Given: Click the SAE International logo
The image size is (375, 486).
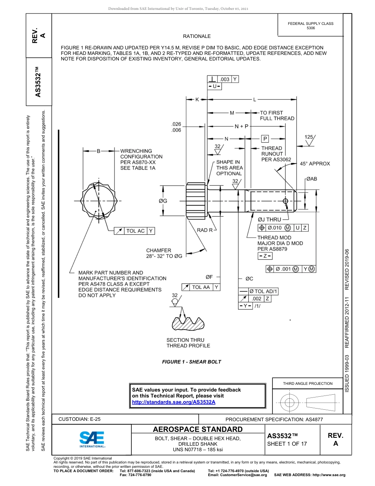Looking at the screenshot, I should [x=92, y=439].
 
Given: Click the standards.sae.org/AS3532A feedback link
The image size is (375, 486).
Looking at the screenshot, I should [x=174, y=402].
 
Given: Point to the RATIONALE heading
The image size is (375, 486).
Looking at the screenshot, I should [x=197, y=36].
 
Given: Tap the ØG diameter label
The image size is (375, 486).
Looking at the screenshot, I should [x=163, y=201].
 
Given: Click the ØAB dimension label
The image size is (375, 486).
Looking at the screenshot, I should [x=311, y=179].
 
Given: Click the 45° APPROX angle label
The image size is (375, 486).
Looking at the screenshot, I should [x=315, y=164].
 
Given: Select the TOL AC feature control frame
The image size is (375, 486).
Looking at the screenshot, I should [x=134, y=231].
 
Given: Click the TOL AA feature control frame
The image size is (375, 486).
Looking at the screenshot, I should [x=201, y=287].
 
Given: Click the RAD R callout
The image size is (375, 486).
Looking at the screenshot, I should [x=205, y=230].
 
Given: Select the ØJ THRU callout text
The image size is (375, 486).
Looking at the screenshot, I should [x=269, y=220].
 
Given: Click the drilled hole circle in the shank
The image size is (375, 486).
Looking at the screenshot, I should [x=286, y=201].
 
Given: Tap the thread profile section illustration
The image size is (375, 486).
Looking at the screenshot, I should [x=188, y=322].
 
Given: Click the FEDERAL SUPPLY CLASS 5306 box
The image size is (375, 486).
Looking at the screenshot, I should [x=310, y=26].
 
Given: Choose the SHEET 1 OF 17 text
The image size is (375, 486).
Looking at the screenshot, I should [x=287, y=443].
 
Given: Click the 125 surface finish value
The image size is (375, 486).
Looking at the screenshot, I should [x=309, y=137].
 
